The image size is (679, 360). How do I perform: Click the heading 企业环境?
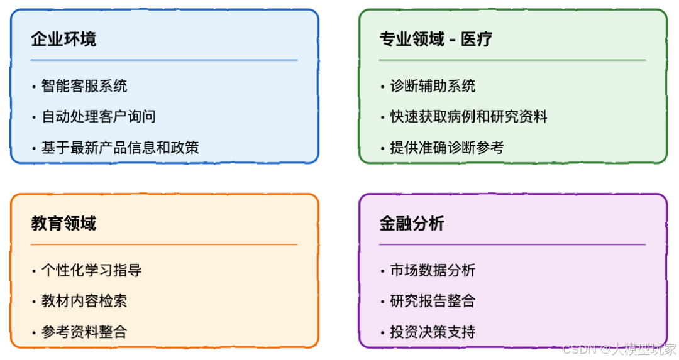[63, 40]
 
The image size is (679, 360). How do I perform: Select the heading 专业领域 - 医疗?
[435, 40]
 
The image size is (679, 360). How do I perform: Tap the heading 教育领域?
[63, 224]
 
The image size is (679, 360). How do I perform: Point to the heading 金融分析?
[412, 224]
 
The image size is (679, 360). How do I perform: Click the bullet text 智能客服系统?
[84, 86]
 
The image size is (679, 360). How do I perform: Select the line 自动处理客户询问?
[98, 117]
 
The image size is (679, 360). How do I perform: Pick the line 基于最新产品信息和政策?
[119, 148]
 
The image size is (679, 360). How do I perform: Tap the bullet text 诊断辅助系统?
[433, 86]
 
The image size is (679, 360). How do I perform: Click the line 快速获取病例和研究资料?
[468, 117]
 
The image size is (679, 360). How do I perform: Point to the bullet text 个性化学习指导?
[91, 271]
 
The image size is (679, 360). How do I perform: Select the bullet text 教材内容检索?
[84, 301]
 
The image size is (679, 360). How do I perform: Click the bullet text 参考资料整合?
[84, 332]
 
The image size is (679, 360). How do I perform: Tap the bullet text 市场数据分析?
[433, 271]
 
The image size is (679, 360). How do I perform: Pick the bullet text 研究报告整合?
[433, 301]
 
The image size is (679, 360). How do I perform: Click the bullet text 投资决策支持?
[433, 332]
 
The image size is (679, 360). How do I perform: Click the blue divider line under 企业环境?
[163, 60]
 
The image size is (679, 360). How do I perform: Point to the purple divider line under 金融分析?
[512, 244]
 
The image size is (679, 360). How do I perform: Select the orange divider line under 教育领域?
[163, 244]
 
